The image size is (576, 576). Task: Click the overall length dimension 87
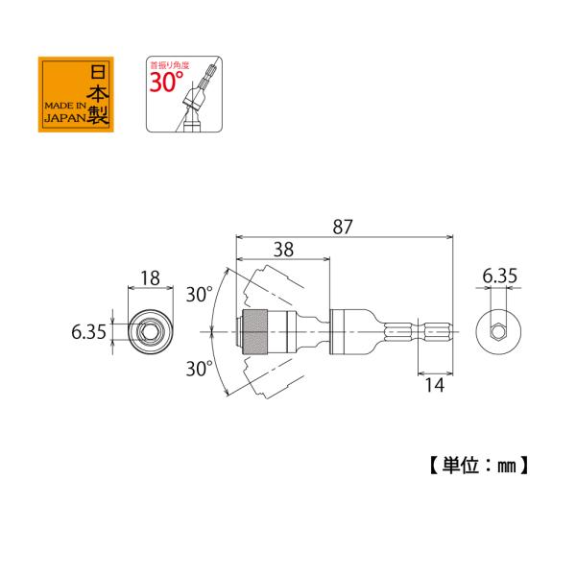point(343,227)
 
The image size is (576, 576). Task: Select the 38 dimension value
point(283,250)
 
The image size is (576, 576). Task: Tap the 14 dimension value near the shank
point(435,385)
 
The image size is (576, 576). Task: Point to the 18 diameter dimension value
point(151,278)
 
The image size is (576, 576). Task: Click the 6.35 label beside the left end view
point(88,332)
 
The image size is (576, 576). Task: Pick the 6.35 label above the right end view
point(499,276)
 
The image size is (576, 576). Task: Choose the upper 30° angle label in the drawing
point(199,295)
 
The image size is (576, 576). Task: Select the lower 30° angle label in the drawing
point(199,369)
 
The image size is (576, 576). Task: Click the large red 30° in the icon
point(166,82)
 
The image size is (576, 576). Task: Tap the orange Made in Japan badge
point(76,94)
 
